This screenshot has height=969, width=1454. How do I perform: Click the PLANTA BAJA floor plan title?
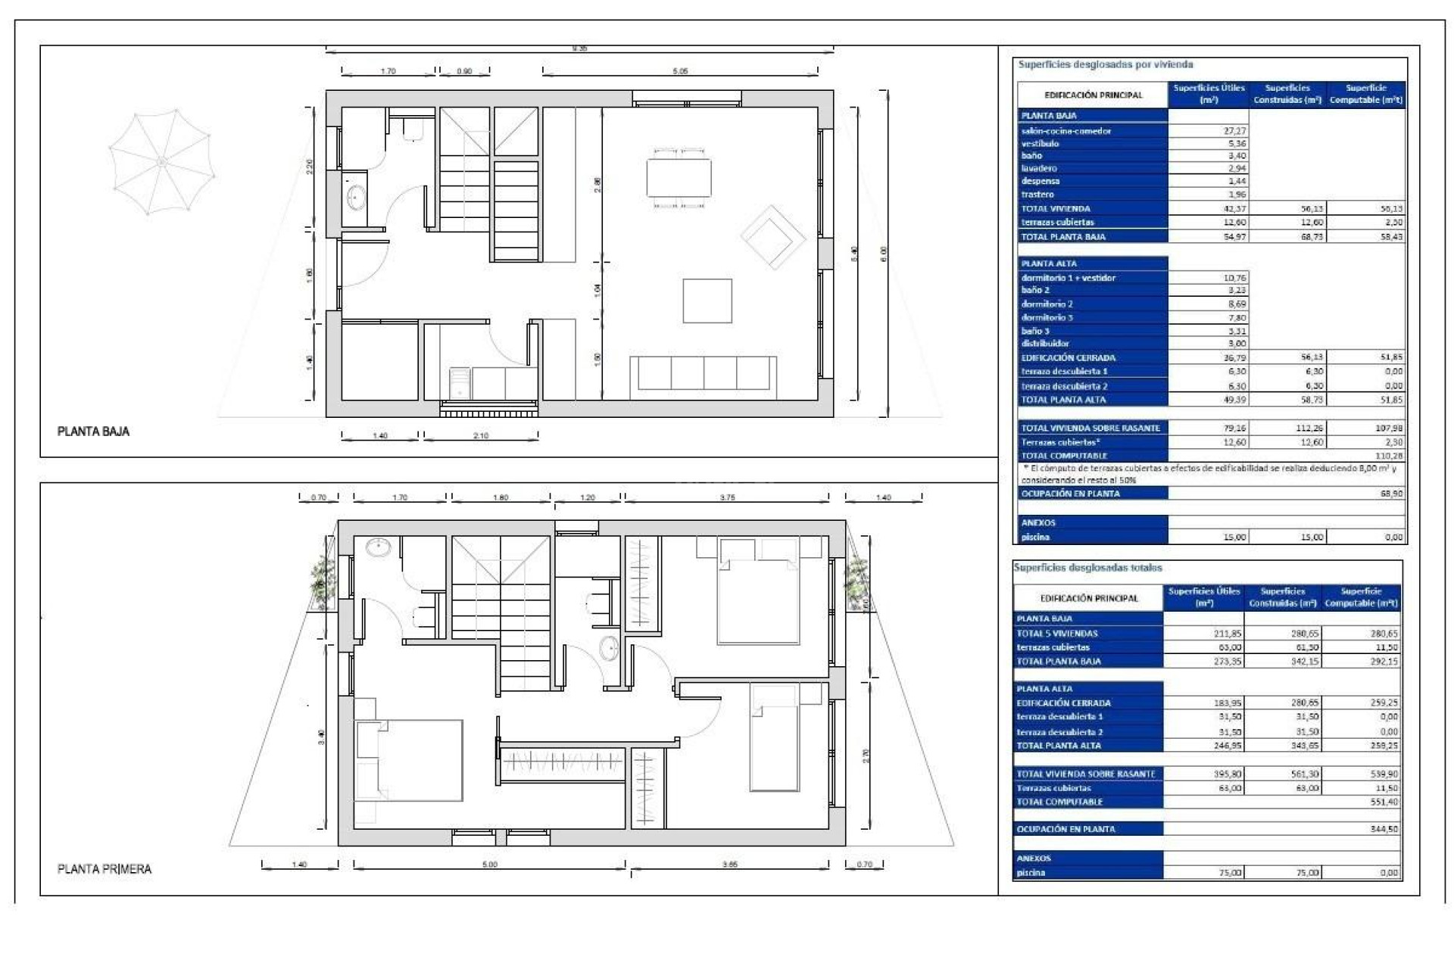(93, 432)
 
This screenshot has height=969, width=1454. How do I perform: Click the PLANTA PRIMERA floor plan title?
(105, 869)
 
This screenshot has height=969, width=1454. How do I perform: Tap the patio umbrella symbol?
(161, 162)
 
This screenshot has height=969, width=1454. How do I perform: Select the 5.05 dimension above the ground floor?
(680, 71)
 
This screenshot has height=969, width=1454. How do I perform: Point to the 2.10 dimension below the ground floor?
(481, 436)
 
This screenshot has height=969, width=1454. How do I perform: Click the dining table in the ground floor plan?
(679, 177)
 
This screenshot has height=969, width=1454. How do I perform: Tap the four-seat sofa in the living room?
(703, 374)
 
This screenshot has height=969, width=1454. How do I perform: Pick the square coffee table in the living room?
(707, 301)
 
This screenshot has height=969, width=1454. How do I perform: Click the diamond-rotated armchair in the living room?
(772, 238)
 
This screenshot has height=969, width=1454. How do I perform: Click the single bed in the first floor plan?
(774, 738)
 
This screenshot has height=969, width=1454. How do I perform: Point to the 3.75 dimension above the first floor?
(727, 498)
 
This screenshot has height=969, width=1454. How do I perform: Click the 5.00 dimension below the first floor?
(490, 865)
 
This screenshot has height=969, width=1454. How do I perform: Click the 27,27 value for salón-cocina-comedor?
(1234, 131)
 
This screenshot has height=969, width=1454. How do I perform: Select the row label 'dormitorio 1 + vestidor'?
(1068, 278)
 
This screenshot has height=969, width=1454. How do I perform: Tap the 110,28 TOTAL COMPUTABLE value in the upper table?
(1387, 456)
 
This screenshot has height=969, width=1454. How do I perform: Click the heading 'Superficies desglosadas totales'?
(1088, 568)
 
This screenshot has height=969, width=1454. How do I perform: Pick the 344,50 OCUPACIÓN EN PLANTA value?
(1384, 830)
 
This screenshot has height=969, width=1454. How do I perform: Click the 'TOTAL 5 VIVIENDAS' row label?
(1057, 634)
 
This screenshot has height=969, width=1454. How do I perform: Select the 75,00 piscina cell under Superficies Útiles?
(1230, 873)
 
